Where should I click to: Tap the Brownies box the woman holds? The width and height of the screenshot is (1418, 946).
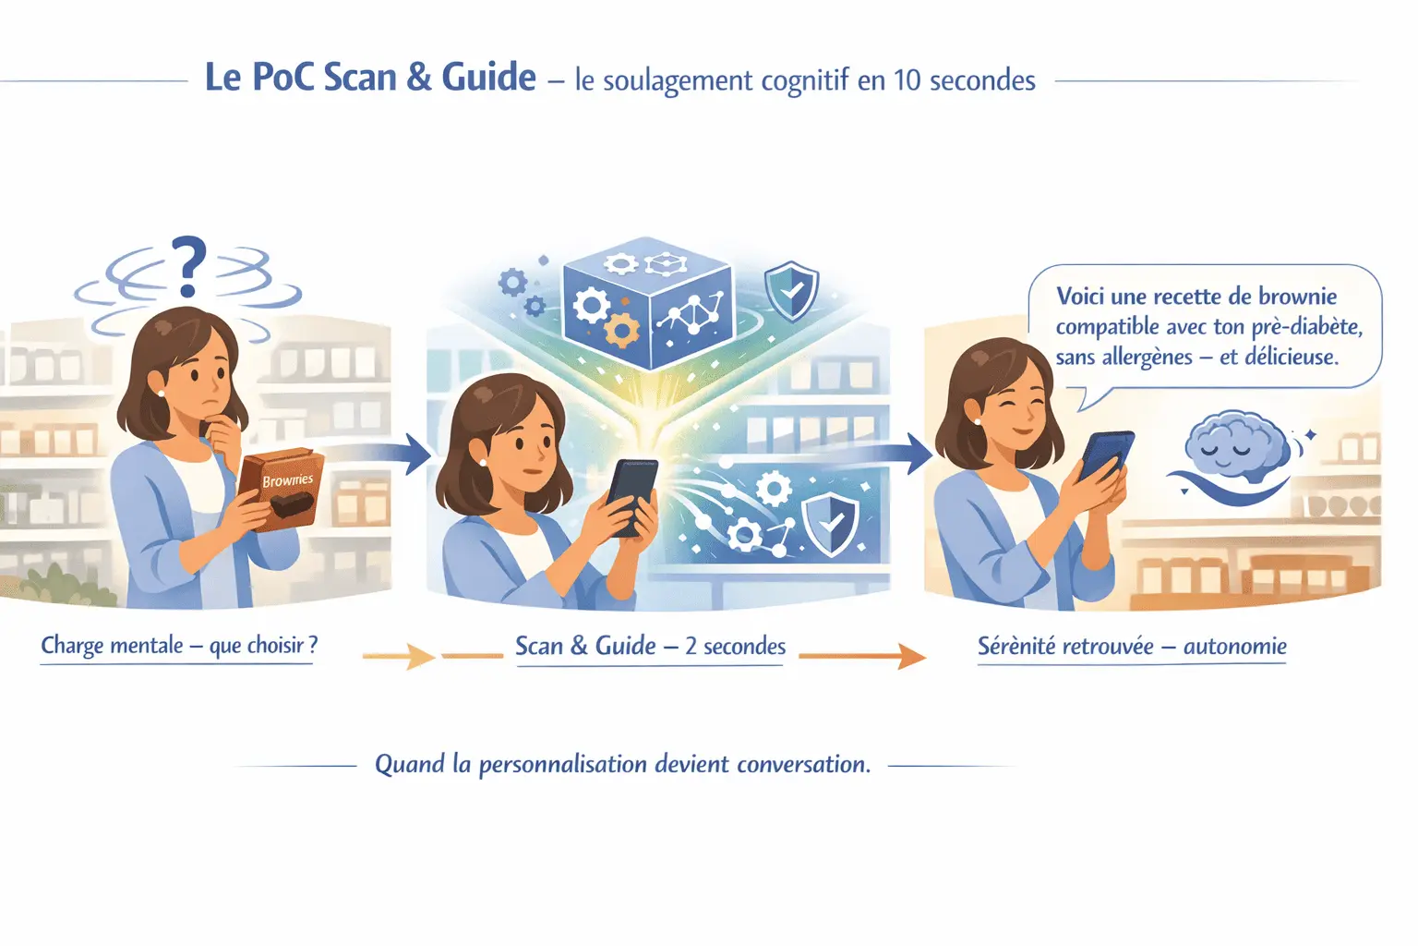click(x=282, y=489)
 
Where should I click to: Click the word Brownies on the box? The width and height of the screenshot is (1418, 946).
click(x=287, y=480)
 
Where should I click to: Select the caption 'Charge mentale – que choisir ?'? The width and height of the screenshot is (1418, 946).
click(x=179, y=646)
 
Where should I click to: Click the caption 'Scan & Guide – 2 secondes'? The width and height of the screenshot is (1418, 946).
click(x=650, y=647)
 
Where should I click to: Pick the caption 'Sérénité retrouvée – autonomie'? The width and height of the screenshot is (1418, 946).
click(x=1132, y=647)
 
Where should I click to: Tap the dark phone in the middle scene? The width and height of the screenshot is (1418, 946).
click(x=631, y=497)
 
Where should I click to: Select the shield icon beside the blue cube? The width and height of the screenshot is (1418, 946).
click(x=791, y=291)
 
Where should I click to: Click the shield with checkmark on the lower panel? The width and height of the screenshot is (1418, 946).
click(x=830, y=525)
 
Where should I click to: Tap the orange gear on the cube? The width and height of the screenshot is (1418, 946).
click(x=621, y=330)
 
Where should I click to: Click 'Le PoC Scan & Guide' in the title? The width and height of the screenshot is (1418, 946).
click(x=370, y=78)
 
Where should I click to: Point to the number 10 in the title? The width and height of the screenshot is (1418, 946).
click(x=907, y=81)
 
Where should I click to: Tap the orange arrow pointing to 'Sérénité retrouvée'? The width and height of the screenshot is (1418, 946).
click(x=862, y=657)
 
